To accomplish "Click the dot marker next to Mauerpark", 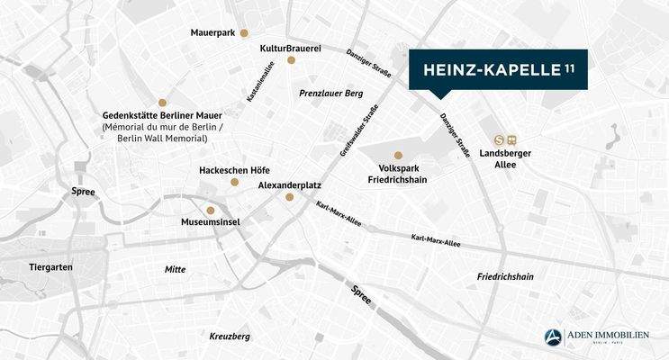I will click(243, 33).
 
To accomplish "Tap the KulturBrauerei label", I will click(291, 47).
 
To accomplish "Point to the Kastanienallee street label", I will click(255, 82).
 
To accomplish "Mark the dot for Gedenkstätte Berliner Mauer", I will click(162, 103).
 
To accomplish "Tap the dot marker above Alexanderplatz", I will click(289, 196).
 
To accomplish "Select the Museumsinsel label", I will click(210, 222).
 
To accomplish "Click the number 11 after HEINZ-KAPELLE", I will click(570, 68).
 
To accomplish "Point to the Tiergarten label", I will click(50, 267).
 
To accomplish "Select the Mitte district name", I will click(175, 269).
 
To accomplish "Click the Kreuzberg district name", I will click(229, 336).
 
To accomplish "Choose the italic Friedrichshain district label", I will click(505, 276).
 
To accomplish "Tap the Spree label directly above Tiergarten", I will click(84, 192).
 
